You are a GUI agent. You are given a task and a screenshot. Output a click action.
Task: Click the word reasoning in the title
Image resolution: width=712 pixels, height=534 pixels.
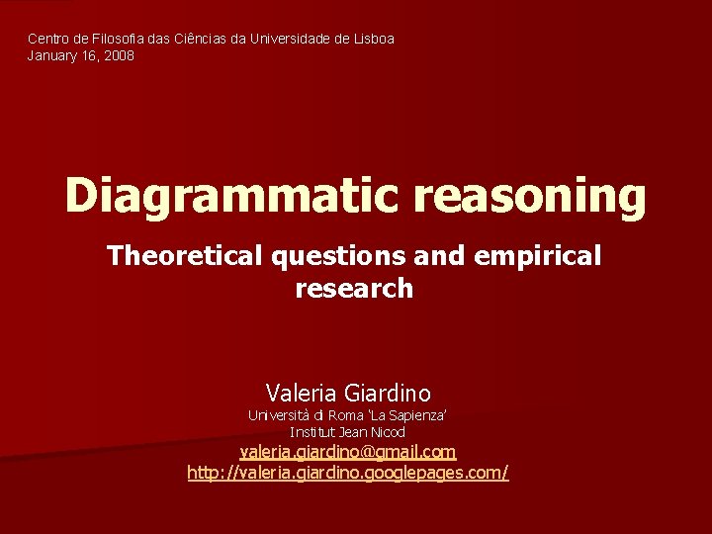coord(530,196)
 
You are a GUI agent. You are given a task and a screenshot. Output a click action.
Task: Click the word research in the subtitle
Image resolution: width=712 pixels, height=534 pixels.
coord(354,289)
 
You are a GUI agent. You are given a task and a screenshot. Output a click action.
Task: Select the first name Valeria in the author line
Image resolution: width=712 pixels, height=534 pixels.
coord(299,393)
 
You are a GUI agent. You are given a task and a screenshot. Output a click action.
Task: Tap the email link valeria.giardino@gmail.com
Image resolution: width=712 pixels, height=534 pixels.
coord(348,452)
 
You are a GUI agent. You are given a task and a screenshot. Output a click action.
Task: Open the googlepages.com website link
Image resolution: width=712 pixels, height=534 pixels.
coord(348,473)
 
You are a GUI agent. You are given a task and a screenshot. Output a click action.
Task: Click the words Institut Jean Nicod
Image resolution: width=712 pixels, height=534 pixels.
coord(347,432)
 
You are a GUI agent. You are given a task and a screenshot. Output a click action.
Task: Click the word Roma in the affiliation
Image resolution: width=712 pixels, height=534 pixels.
coord(350,415)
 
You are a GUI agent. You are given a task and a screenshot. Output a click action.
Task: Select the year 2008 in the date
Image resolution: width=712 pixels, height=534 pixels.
coord(119,56)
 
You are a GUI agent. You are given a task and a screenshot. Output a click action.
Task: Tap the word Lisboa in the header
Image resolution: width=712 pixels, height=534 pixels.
coord(372,39)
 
